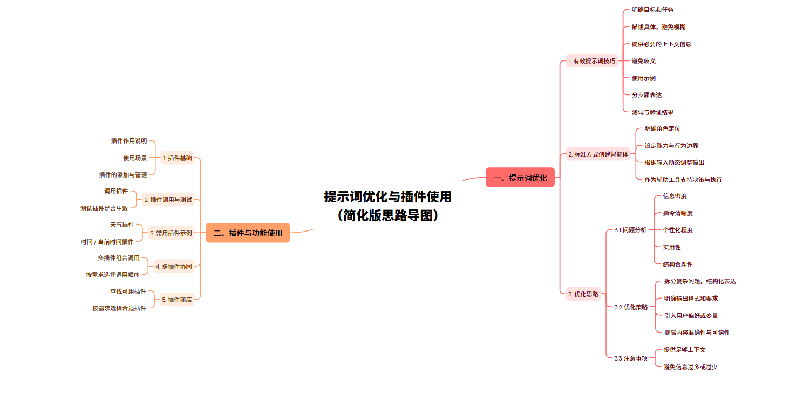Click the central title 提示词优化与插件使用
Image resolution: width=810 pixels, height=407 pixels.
coord(387,197)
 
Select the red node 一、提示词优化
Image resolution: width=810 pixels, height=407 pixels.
coord(520,178)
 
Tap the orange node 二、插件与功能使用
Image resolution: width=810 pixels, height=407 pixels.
coord(248,233)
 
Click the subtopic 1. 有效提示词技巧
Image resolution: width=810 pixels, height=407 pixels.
coord(591,61)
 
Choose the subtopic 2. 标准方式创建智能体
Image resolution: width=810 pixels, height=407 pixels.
coord(598,154)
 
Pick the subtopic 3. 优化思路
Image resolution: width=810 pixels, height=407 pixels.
coord(583,294)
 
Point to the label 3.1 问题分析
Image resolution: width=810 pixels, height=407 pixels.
coord(630,230)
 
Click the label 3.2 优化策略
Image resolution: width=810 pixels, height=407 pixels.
coord(631,307)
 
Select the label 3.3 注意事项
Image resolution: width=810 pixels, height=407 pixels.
coord(631,358)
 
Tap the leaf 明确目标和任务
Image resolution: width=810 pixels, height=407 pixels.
coord(652,10)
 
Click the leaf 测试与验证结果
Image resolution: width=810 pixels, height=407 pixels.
coord(652,112)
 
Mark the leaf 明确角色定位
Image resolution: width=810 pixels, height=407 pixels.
coord(662,128)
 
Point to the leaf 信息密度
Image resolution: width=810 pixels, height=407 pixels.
coord(675,196)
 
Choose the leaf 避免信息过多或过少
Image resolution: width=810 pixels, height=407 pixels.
coord(690,367)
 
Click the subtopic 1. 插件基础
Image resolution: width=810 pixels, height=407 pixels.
coord(177,158)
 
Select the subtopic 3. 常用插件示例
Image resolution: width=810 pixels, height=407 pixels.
coord(171,233)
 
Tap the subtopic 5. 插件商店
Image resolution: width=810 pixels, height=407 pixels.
coord(177,300)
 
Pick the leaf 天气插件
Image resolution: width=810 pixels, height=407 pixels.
coord(121,225)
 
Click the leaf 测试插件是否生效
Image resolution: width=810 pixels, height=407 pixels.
coord(104,208)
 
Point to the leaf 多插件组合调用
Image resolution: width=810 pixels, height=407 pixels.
coord(118,258)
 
